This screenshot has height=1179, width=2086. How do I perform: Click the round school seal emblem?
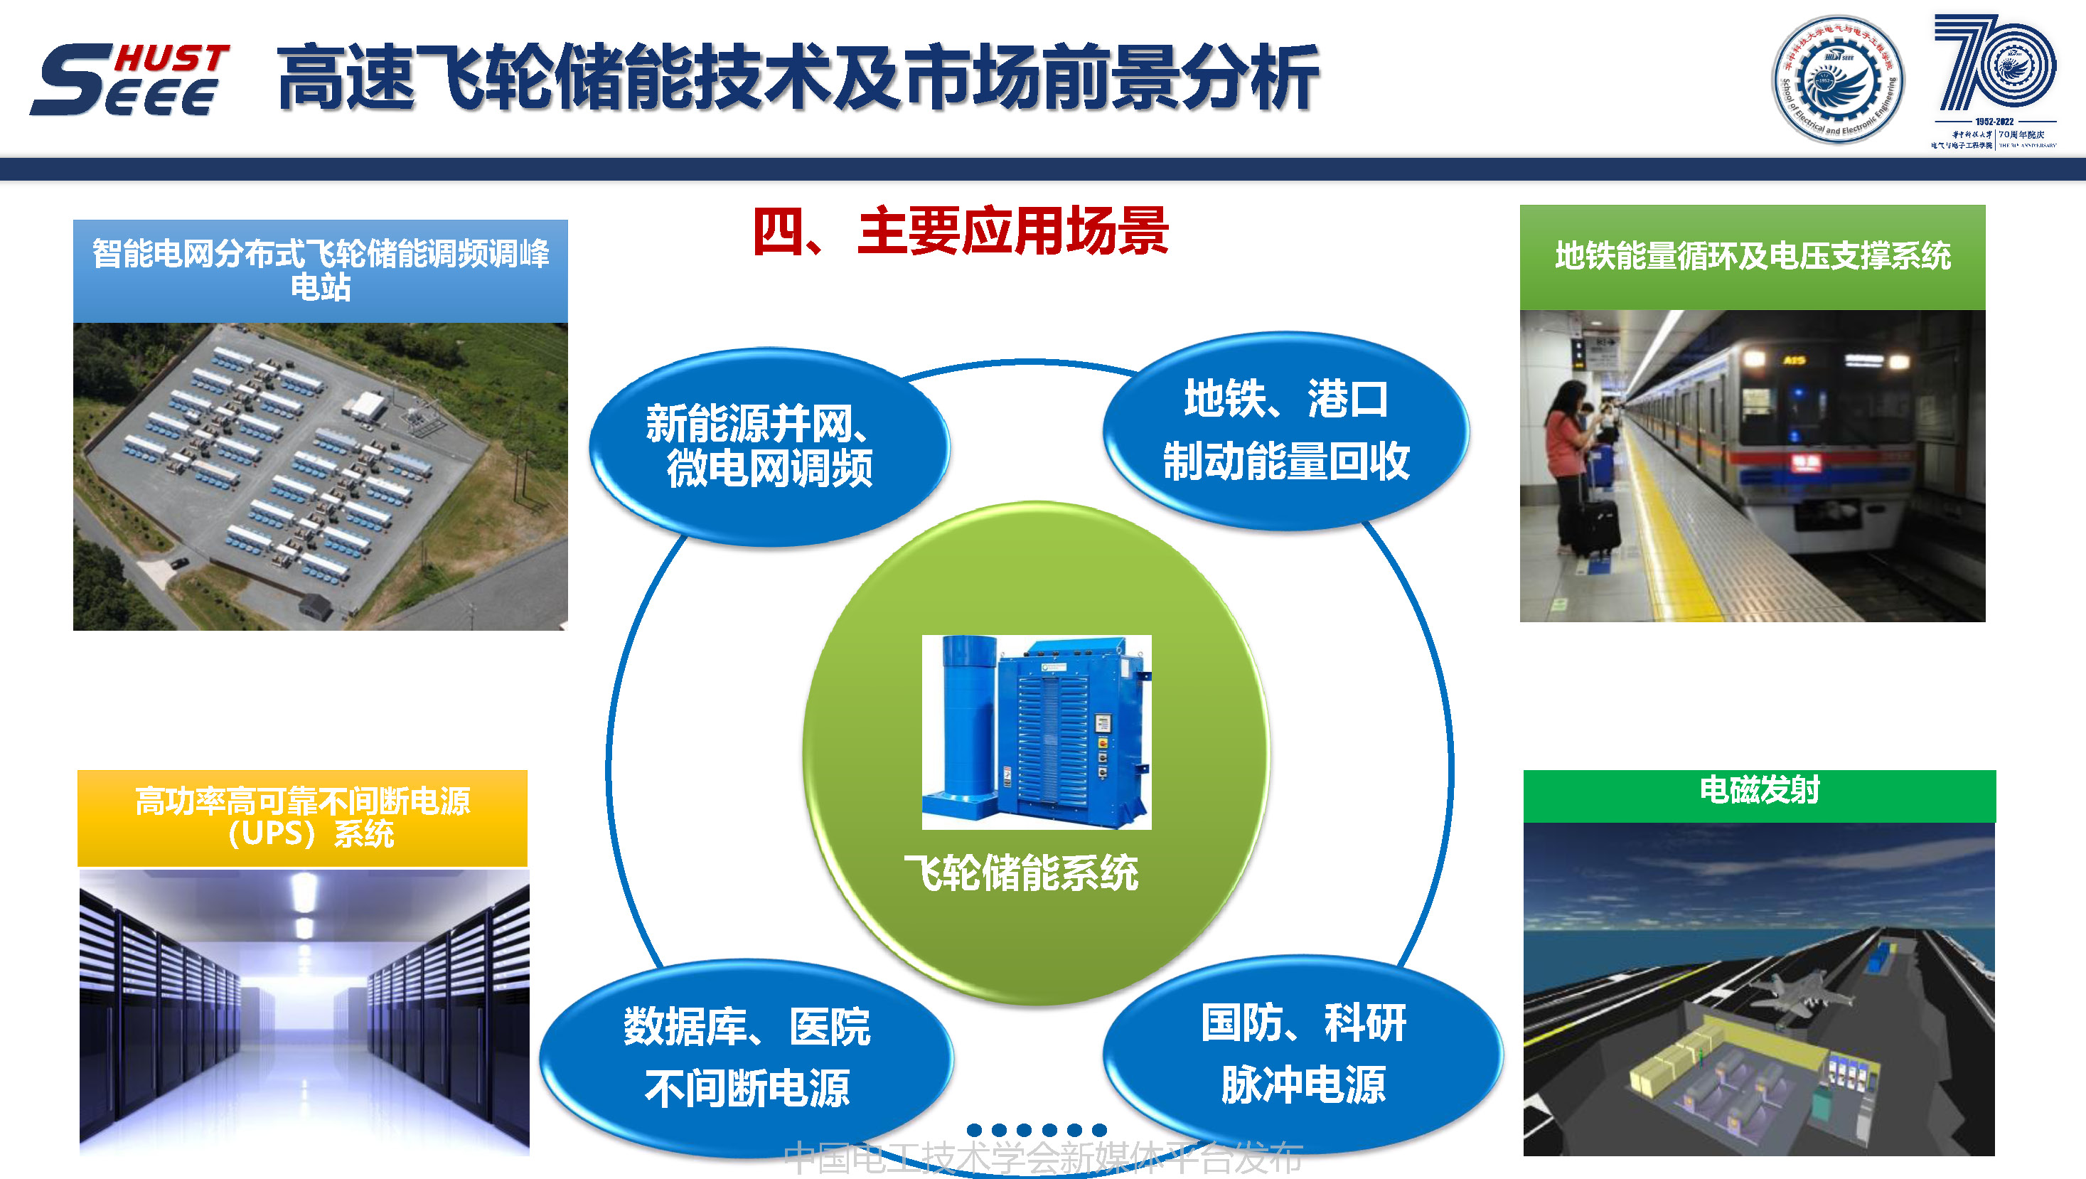[1838, 80]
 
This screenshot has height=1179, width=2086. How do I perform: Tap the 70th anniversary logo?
[1994, 80]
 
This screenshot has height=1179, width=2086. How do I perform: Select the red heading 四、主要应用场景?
[961, 232]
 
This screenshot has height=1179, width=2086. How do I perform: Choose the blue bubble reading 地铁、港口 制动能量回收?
[1285, 431]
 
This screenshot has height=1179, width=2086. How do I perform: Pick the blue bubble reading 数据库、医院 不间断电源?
[747, 1057]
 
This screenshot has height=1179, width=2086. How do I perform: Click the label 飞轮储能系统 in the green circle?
[1021, 873]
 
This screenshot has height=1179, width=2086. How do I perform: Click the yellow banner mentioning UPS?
[302, 818]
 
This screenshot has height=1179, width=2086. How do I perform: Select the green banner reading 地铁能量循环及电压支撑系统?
[1753, 257]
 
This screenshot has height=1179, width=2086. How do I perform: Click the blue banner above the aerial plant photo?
[320, 270]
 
